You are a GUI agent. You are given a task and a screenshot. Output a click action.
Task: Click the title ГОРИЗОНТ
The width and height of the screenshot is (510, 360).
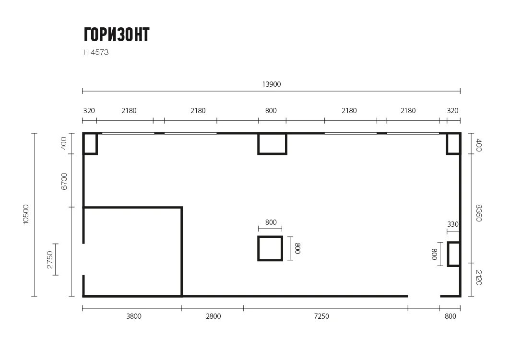[x=117, y=35]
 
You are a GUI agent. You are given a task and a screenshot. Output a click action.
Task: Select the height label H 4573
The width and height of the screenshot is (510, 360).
[x=96, y=52]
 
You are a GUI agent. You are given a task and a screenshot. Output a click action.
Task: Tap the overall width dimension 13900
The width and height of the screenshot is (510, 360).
[x=271, y=84]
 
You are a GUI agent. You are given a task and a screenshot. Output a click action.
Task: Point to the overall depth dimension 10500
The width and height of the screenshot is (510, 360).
[x=26, y=214]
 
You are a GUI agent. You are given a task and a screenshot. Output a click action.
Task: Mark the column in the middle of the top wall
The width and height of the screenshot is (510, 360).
[x=272, y=153]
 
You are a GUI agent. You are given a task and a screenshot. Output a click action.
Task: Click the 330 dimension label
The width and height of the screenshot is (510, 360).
[x=453, y=224]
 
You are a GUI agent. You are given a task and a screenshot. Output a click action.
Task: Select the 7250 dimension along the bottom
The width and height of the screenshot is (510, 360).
[x=321, y=316]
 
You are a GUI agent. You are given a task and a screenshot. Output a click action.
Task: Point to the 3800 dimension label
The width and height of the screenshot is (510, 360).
[x=134, y=316]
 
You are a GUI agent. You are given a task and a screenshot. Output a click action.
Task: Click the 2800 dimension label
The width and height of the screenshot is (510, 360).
[x=213, y=316]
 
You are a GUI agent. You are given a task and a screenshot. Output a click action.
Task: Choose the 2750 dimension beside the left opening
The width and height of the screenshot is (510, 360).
[x=50, y=260]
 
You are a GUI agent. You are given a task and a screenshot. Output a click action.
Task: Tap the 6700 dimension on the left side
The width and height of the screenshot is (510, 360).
[x=64, y=181]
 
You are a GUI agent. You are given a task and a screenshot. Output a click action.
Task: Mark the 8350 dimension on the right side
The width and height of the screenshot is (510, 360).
[x=478, y=213]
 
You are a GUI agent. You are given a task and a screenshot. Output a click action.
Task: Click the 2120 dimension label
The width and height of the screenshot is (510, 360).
[x=478, y=278]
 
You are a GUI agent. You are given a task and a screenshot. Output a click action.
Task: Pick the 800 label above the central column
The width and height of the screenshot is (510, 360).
[x=271, y=222]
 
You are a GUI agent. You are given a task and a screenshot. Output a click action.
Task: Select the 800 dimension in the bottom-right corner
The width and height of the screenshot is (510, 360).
[x=450, y=316]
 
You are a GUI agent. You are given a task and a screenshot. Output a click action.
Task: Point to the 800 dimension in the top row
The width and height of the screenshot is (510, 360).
[x=271, y=111]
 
